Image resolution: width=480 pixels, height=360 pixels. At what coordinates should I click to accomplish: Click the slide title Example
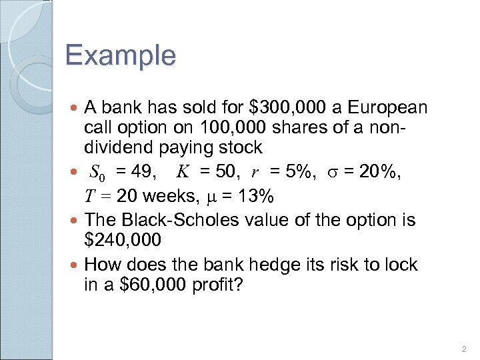pyautogui.click(x=121, y=55)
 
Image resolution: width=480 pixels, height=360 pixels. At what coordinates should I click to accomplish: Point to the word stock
pyautogui.click(x=242, y=147)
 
